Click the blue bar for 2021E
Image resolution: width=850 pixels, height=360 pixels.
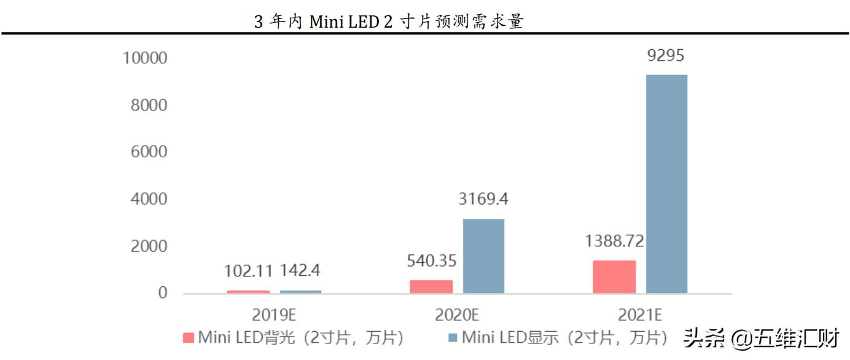click(666, 184)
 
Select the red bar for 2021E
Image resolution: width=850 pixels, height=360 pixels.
click(614, 277)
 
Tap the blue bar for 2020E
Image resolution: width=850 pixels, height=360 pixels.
click(483, 256)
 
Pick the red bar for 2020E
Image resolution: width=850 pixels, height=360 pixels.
click(431, 287)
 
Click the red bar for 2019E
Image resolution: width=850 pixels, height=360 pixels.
click(248, 292)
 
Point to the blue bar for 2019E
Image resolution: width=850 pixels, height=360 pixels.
click(300, 292)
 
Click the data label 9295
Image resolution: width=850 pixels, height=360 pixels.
click(666, 56)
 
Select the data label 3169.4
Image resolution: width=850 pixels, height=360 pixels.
click(483, 200)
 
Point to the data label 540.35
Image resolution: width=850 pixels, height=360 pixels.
click(431, 261)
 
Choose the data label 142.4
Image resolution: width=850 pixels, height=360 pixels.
click(300, 271)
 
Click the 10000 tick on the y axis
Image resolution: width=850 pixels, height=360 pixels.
click(145, 58)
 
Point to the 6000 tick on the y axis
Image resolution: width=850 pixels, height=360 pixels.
click(149, 152)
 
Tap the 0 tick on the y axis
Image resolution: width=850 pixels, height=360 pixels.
click(162, 293)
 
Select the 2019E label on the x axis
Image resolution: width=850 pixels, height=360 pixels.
click(274, 315)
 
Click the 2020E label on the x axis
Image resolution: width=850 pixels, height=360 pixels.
click(457, 315)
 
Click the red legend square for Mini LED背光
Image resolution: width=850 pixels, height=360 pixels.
click(189, 338)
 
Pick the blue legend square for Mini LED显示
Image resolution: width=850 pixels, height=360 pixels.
click(453, 338)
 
